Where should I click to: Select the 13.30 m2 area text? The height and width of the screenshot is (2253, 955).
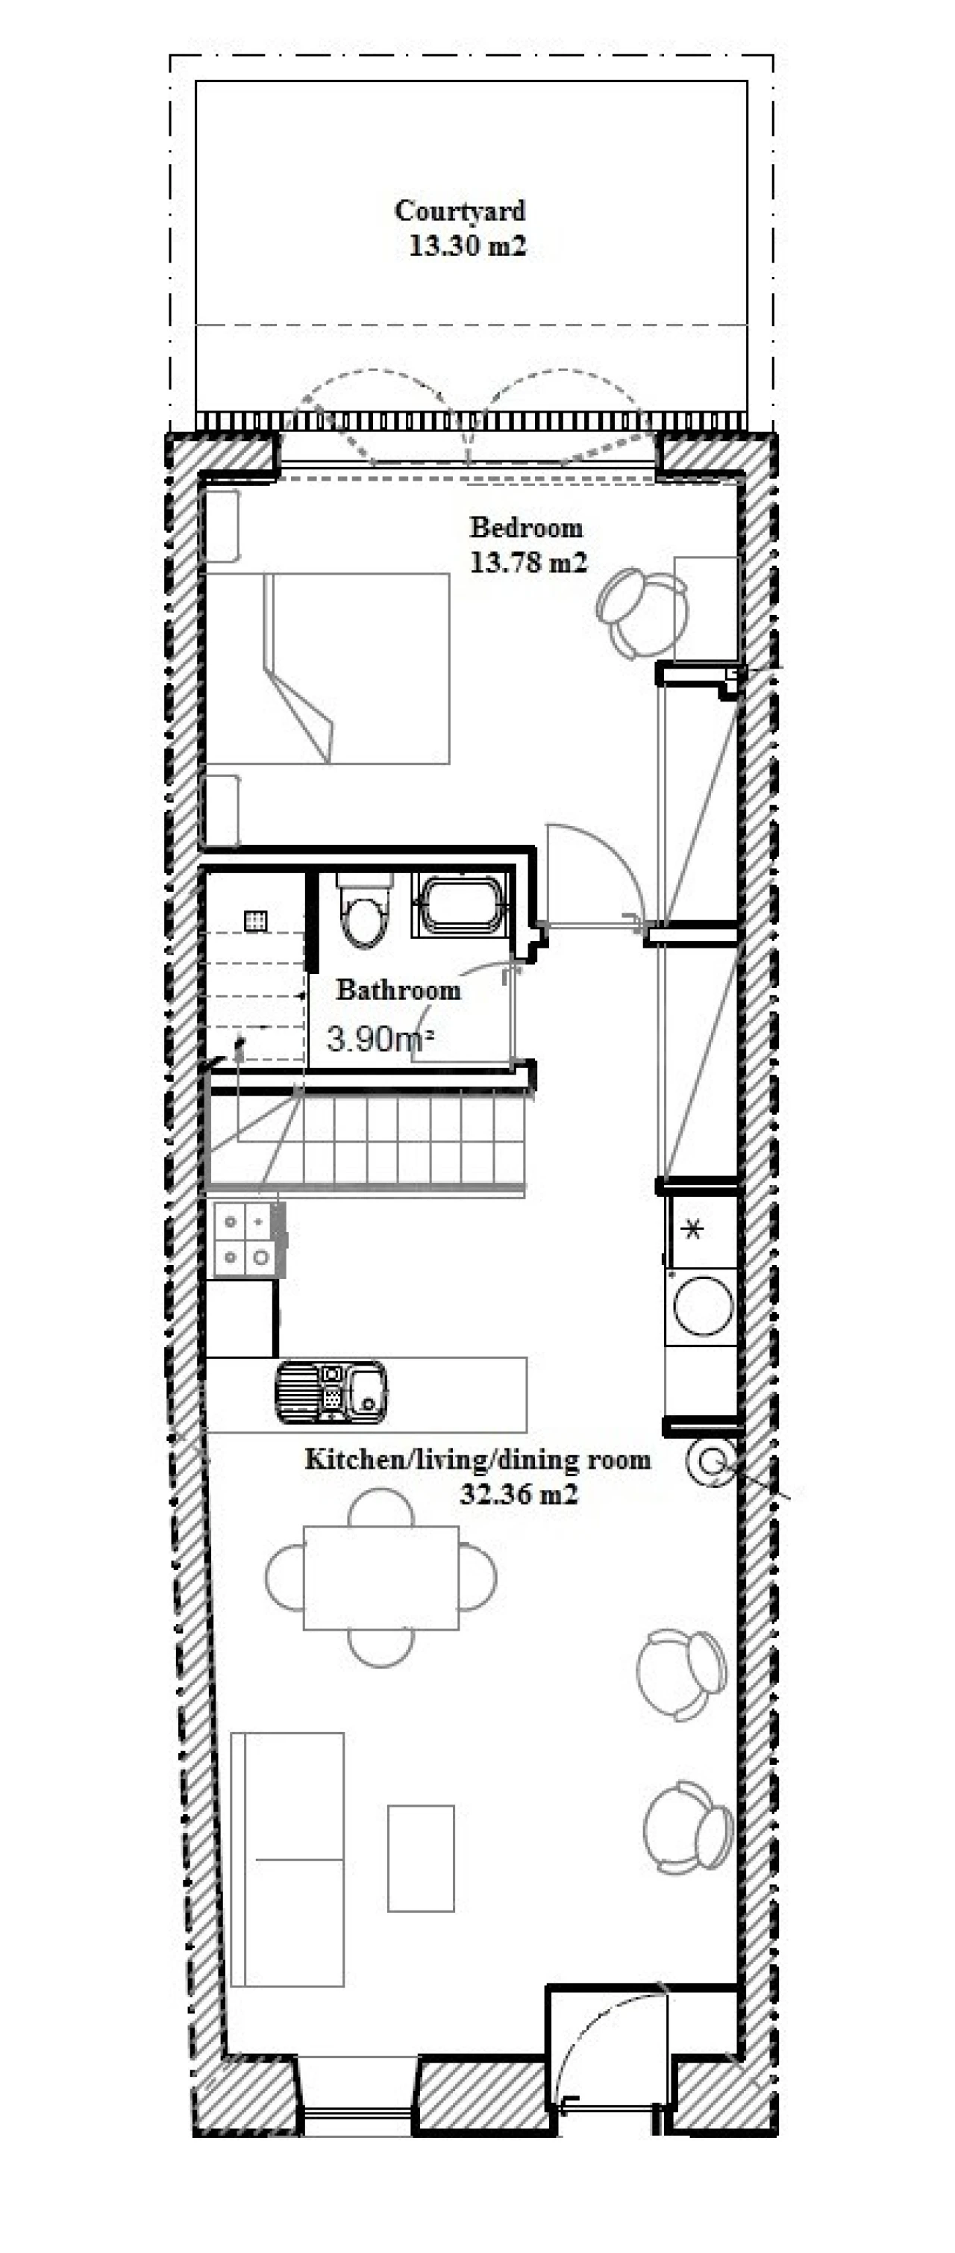(x=468, y=246)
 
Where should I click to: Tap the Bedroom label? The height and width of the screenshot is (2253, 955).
(x=525, y=528)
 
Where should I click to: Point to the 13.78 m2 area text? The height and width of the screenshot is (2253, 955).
(x=528, y=563)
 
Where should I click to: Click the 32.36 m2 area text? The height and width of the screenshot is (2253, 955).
(x=519, y=1494)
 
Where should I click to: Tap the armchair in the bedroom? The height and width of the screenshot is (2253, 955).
(x=643, y=612)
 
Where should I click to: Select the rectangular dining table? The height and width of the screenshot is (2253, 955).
(x=381, y=1578)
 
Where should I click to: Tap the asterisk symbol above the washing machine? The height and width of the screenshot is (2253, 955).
(x=692, y=1230)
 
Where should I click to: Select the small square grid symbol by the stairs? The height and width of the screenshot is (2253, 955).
(x=256, y=921)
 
